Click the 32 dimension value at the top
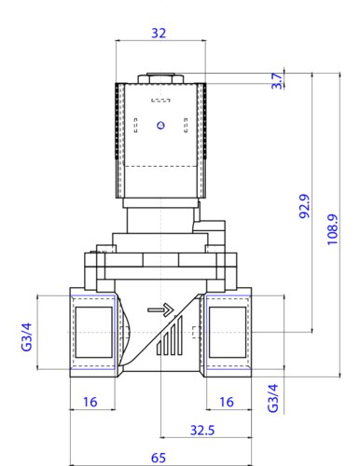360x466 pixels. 159,33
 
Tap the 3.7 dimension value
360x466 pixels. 277,81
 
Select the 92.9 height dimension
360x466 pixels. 304,206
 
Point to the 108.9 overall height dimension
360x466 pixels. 332,229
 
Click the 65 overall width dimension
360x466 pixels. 159,458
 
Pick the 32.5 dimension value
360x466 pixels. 202,431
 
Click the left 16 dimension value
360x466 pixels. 90,402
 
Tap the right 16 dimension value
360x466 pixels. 227,402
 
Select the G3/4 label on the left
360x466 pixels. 26,336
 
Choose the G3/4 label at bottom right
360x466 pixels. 273,398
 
